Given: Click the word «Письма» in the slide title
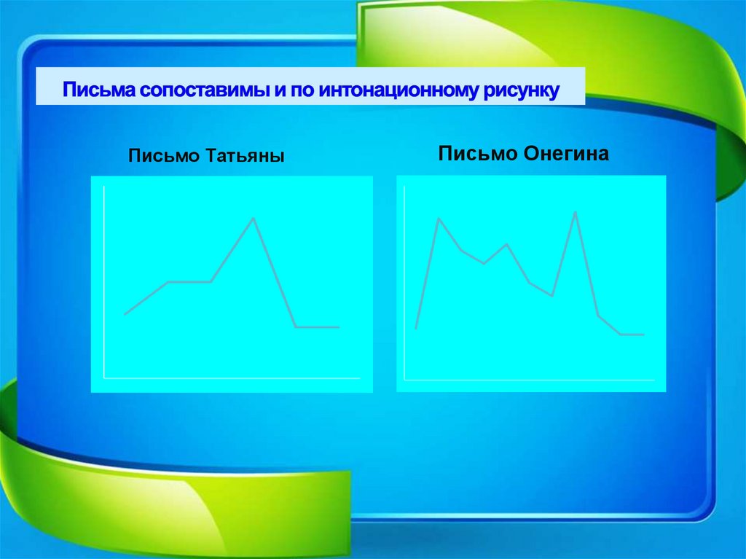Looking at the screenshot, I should pyautogui.click(x=98, y=91).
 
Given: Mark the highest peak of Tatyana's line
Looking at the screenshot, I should pyautogui.click(x=254, y=218).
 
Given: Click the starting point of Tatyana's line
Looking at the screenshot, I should pyautogui.click(x=125, y=314).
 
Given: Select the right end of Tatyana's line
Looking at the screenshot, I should pyautogui.click(x=339, y=327).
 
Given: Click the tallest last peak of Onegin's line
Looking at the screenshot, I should pyautogui.click(x=576, y=212).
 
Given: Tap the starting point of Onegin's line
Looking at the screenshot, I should pyautogui.click(x=416, y=329).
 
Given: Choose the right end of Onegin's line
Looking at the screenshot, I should pyautogui.click(x=644, y=335).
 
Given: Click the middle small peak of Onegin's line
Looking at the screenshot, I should pyautogui.click(x=506, y=244).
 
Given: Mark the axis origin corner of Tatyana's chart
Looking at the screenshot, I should pyautogui.click(x=104, y=378).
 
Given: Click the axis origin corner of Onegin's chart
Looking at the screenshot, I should pyautogui.click(x=404, y=380).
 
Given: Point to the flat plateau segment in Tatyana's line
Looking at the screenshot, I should pyautogui.click(x=189, y=281).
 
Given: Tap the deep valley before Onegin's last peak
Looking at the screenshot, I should pyautogui.click(x=553, y=296).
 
